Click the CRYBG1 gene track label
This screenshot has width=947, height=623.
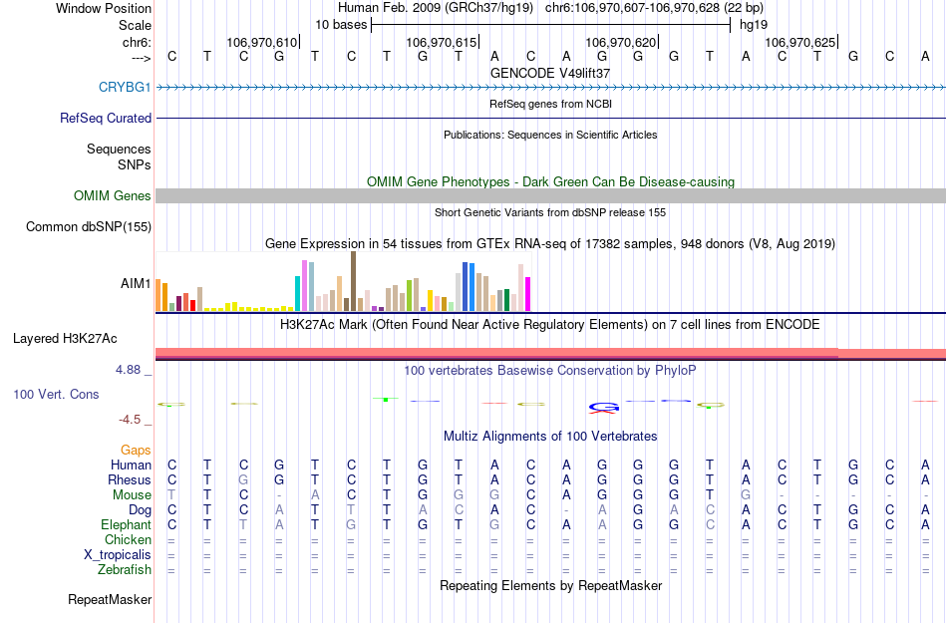(125, 87)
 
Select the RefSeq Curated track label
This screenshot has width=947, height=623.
(106, 118)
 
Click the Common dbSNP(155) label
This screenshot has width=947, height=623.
(89, 227)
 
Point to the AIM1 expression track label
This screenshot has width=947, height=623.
(136, 284)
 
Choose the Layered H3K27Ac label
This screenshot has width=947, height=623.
(82, 338)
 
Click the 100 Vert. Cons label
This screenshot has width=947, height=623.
(56, 395)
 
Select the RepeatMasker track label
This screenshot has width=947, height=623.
(110, 600)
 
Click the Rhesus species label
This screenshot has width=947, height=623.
(130, 479)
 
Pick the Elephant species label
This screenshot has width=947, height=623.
(126, 524)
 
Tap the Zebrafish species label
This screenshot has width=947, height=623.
(125, 570)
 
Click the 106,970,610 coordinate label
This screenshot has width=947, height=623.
(262, 43)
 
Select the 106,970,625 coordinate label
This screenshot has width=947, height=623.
(800, 43)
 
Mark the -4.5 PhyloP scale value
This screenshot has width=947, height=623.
(132, 420)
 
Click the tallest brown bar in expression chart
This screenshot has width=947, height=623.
(354, 281)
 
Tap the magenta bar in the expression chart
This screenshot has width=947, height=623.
(528, 293)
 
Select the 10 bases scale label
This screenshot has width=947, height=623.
(341, 24)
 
